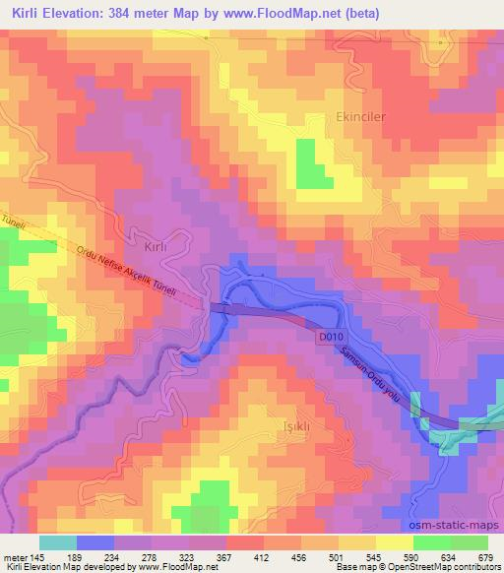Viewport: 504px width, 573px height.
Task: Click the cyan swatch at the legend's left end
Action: tap(57, 541)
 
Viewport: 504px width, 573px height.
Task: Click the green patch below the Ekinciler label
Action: tap(313, 163)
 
